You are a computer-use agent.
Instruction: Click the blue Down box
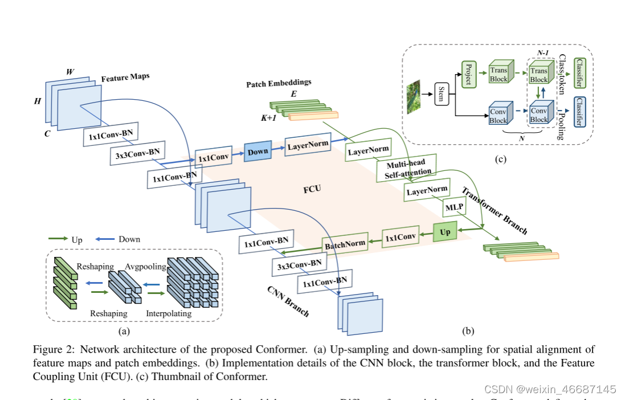point(258,152)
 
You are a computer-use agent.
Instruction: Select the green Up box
point(445,232)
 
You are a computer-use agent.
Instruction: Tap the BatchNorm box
point(345,244)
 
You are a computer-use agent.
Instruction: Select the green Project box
point(468,74)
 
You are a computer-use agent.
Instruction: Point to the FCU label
point(313,188)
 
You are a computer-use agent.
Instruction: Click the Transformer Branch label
point(493,210)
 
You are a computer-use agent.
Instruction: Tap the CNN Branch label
point(288,301)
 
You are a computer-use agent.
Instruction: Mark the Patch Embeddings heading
point(279,83)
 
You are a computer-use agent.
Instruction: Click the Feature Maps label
point(125,77)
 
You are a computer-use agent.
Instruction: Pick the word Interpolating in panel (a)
point(169,313)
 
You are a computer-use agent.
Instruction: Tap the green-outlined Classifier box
point(579,73)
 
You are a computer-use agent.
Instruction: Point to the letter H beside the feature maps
point(38,100)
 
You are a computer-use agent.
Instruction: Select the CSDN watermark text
point(549,390)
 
